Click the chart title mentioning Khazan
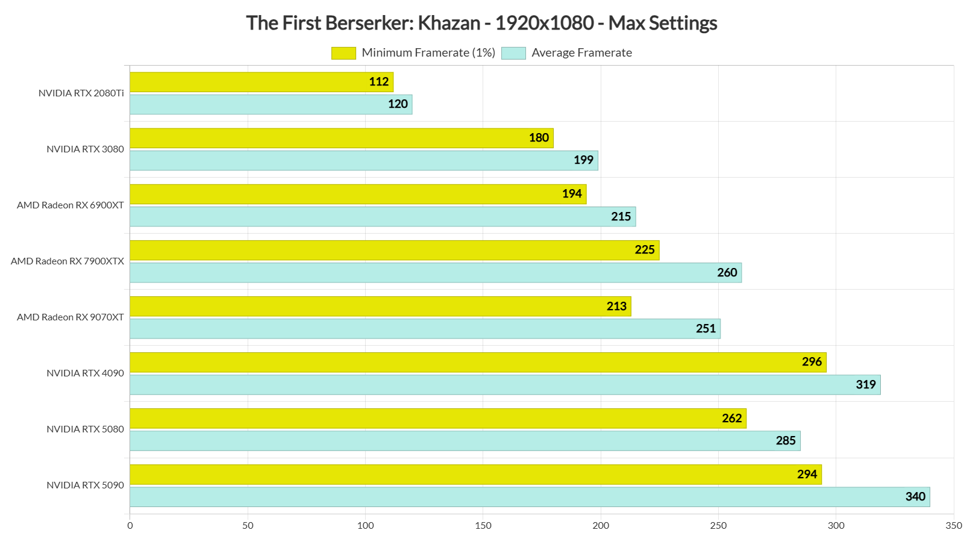click(481, 23)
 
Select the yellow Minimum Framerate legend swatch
click(343, 53)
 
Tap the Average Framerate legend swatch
click(513, 53)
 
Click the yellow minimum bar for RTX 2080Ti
click(261, 82)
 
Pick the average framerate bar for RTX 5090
click(530, 497)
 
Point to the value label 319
click(866, 385)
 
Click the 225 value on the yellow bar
click(645, 250)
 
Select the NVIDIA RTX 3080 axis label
click(85, 149)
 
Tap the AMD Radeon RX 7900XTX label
click(67, 261)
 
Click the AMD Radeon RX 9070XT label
click(70, 317)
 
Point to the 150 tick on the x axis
click(483, 526)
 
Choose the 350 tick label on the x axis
click(954, 526)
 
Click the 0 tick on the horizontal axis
click(130, 526)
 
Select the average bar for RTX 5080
click(465, 441)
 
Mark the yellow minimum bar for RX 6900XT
click(358, 194)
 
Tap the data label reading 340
click(915, 497)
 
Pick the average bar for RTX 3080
click(364, 160)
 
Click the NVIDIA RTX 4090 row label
click(85, 373)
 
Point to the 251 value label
click(706, 329)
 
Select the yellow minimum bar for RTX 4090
click(478, 362)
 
